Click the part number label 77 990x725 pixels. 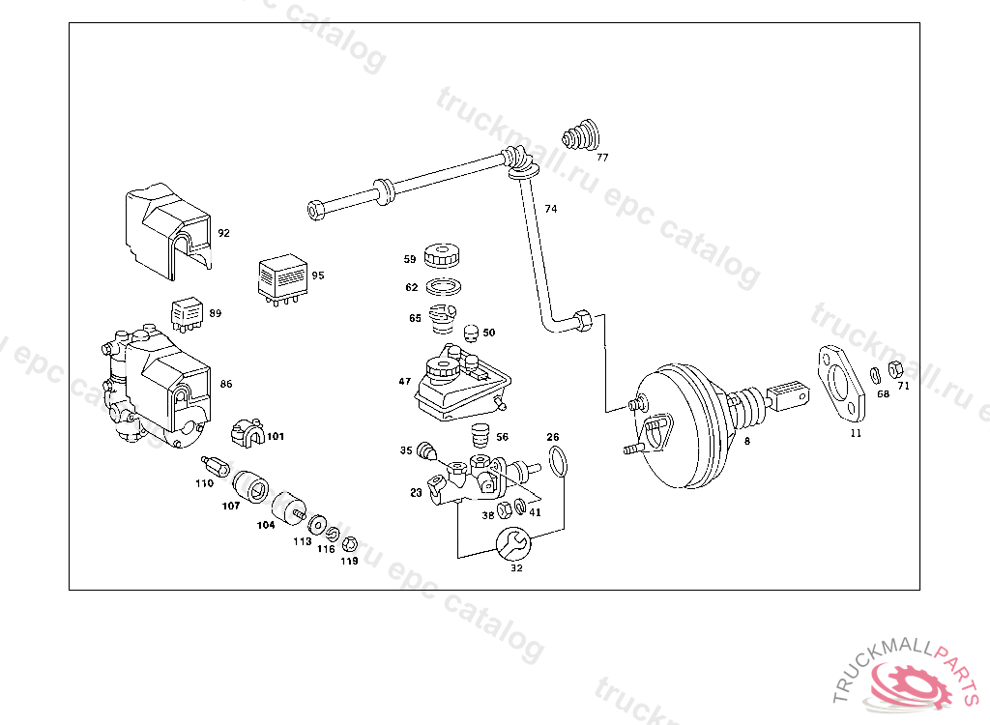tap(602, 157)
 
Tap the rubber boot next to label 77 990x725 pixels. tap(581, 134)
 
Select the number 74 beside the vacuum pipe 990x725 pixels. tap(550, 209)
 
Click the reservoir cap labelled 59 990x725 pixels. tap(444, 257)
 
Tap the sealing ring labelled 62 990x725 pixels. tap(444, 287)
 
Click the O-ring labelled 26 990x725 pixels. tap(556, 463)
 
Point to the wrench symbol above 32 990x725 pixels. tap(511, 544)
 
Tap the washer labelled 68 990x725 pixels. tap(875, 375)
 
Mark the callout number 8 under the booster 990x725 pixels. tap(746, 441)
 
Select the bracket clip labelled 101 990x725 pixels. tap(248, 434)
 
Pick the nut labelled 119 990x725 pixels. tap(350, 544)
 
